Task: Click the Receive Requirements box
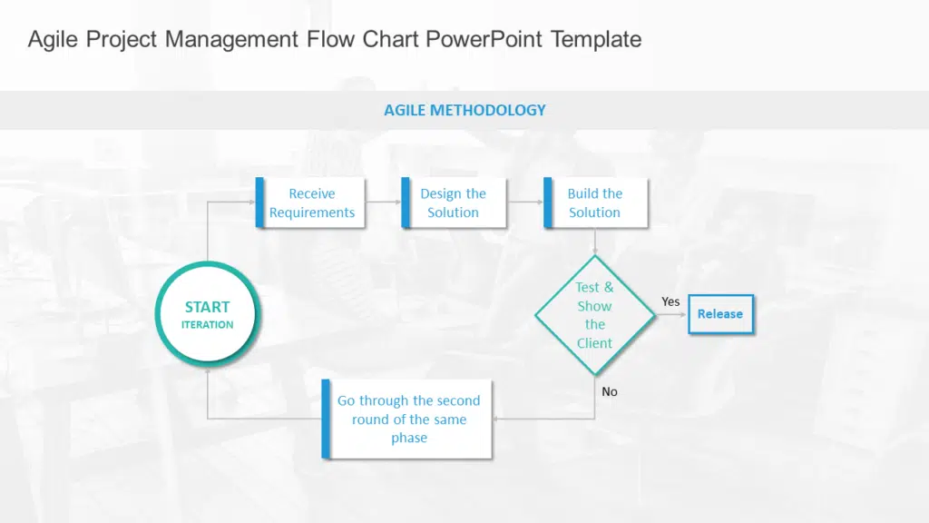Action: (x=311, y=202)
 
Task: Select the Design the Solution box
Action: (x=453, y=202)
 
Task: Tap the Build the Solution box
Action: (x=594, y=202)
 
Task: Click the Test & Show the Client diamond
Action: (x=594, y=315)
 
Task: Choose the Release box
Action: (x=720, y=314)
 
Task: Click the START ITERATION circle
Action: (x=207, y=314)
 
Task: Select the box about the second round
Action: (x=408, y=419)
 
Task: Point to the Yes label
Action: (x=670, y=301)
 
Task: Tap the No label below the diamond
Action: (x=610, y=391)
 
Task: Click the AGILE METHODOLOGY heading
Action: (x=464, y=110)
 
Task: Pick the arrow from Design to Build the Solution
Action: (x=524, y=202)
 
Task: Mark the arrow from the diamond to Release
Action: (x=670, y=315)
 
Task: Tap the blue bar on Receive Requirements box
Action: (x=260, y=202)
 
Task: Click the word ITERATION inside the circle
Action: (x=207, y=324)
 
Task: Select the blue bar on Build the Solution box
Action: (x=548, y=202)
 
